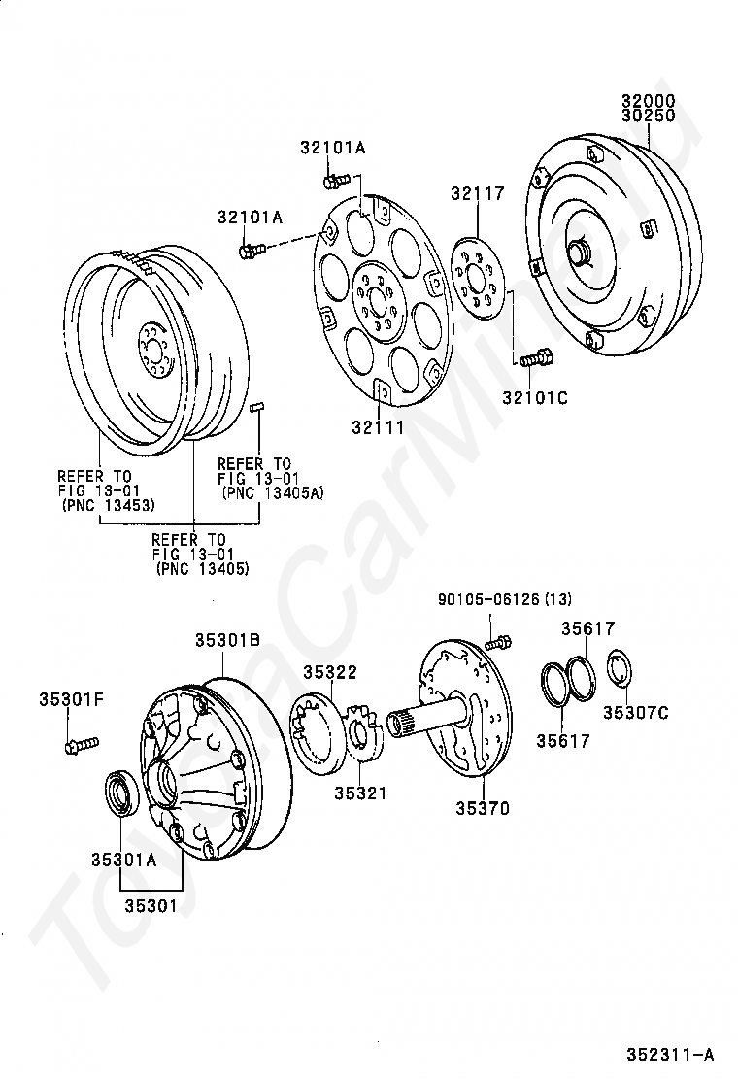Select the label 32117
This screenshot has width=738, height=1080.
pyautogui.click(x=477, y=194)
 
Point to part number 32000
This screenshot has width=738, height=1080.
pyautogui.click(x=649, y=101)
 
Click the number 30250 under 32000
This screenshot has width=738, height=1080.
pyautogui.click(x=649, y=116)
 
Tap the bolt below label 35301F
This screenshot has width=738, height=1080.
pyautogui.click(x=79, y=745)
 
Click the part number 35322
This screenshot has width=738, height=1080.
pyautogui.click(x=329, y=672)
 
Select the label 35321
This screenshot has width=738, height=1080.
pyautogui.click(x=360, y=793)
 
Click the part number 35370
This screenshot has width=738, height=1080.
pyautogui.click(x=483, y=808)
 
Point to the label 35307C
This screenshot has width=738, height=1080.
pyautogui.click(x=635, y=713)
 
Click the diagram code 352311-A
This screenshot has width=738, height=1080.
pyautogui.click(x=669, y=1054)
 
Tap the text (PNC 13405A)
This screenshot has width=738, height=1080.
pyautogui.click(x=272, y=493)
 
